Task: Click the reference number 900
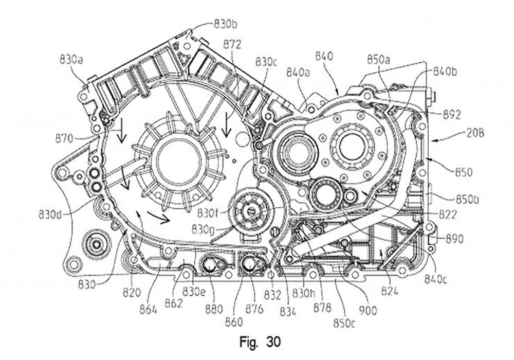[x=368, y=310]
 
